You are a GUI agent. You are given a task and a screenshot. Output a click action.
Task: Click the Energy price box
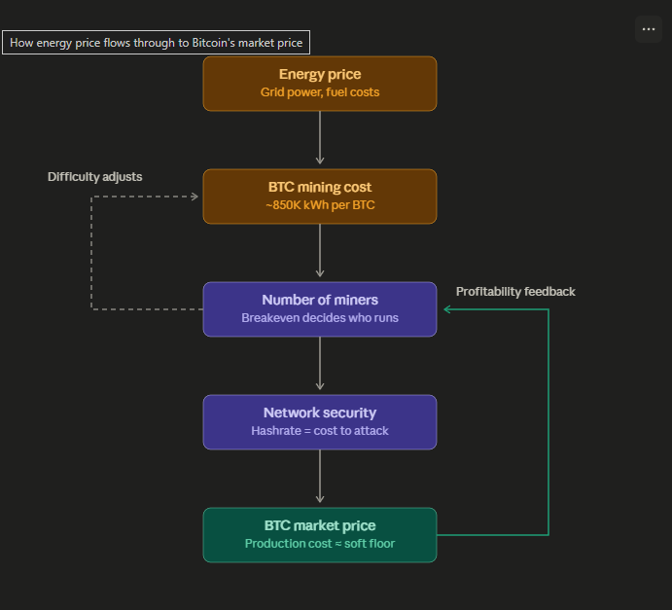coord(320,84)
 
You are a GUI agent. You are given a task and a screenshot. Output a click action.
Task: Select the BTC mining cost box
coord(320,197)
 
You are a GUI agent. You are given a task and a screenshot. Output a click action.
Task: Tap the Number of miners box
coord(320,309)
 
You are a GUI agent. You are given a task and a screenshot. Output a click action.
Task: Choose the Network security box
coord(320,422)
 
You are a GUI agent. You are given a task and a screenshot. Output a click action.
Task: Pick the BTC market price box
coord(320,534)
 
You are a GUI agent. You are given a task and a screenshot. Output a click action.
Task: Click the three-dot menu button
coord(649,29)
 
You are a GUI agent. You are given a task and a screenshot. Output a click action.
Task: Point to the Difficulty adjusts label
coord(94,177)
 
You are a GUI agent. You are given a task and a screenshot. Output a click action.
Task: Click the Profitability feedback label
coord(515,292)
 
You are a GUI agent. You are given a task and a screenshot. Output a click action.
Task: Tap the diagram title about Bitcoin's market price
coord(156,43)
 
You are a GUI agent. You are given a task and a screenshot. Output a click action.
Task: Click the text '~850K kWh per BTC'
coord(320,205)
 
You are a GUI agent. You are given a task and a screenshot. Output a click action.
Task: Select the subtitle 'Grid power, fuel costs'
coord(320,92)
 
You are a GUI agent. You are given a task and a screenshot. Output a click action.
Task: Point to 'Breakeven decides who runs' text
coord(320,317)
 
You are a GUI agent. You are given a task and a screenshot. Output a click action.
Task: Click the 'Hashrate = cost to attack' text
coord(320,430)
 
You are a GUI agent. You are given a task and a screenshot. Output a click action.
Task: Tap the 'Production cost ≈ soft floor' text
coord(320,543)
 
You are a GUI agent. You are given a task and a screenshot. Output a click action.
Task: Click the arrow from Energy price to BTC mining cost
coord(320,137)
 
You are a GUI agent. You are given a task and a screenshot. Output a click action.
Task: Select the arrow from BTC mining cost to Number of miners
coord(320,250)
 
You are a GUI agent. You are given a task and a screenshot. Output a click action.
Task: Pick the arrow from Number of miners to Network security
coord(320,363)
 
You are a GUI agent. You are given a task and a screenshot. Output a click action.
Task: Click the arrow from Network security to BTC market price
coord(320,476)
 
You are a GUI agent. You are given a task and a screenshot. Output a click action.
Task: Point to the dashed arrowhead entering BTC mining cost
coord(195,197)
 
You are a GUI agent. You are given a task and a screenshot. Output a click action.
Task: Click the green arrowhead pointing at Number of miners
coord(447,309)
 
